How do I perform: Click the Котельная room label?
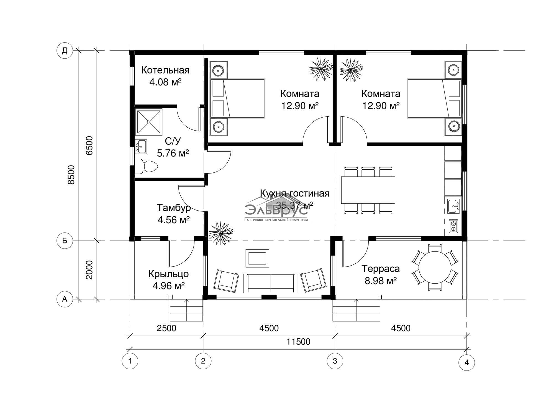[x=165, y=70]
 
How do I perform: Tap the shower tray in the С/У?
[x=149, y=122]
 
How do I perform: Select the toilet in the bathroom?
[x=146, y=167]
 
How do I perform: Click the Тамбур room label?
[x=174, y=207]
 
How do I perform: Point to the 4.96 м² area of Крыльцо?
[x=169, y=285]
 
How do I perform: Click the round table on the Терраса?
[x=435, y=267]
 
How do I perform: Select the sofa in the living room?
[x=271, y=283]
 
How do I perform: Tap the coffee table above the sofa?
[x=257, y=258]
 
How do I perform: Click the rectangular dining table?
[x=368, y=190]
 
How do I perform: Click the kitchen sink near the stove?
[x=453, y=206]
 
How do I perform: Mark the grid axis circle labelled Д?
[x=65, y=51]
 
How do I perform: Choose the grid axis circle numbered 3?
[x=335, y=361]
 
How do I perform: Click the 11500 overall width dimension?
[x=298, y=342]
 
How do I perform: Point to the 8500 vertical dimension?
[x=71, y=175]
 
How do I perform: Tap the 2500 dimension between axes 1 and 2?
[x=166, y=328]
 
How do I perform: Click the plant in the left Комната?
[x=321, y=69]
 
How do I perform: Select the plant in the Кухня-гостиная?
[x=221, y=233]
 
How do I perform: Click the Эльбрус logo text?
[x=276, y=210]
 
